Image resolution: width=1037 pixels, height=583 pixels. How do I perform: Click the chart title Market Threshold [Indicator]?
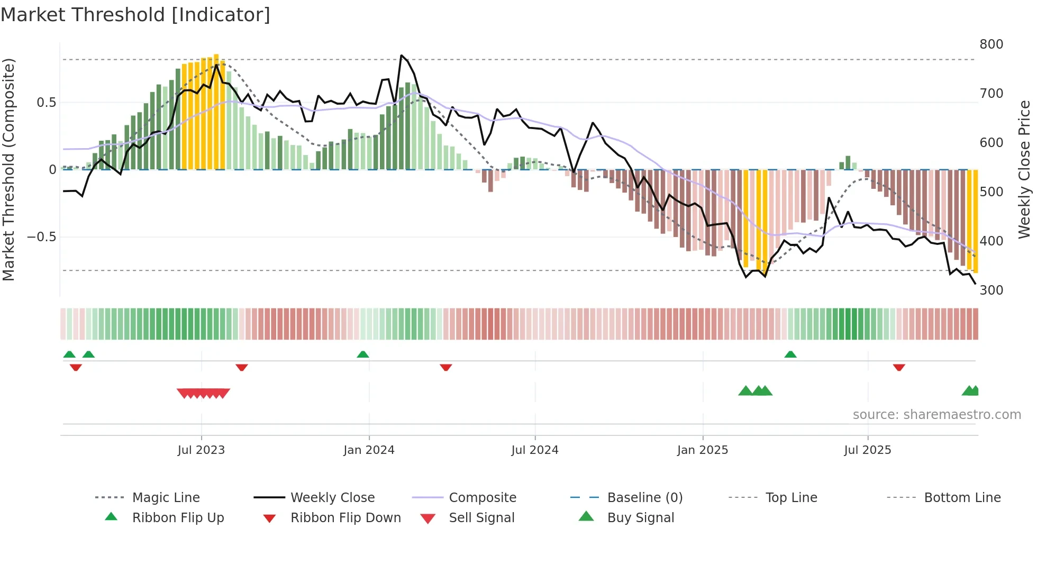coord(135,15)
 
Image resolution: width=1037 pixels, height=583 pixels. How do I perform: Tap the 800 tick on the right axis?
coord(991,44)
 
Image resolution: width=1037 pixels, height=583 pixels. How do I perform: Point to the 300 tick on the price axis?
coord(991,290)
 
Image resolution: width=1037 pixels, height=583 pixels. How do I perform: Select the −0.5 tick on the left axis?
coord(42,237)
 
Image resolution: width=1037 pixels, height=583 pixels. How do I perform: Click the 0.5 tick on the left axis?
coord(46,103)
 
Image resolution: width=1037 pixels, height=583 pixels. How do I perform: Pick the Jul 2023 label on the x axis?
coord(201,450)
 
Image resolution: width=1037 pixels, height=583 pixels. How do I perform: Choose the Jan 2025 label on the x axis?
coord(702,450)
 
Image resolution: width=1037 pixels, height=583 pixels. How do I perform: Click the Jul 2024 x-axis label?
coord(534,450)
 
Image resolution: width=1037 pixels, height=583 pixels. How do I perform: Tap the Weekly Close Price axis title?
coord(1024,169)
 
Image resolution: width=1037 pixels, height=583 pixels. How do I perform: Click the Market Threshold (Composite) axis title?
coord(8,169)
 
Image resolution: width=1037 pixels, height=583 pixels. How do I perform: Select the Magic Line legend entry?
coord(166,498)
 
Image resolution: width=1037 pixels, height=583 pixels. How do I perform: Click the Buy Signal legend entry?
coord(640,518)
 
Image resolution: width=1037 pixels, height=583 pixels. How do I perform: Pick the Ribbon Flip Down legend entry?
coord(345,518)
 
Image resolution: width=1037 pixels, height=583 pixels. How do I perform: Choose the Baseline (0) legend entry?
coord(644,498)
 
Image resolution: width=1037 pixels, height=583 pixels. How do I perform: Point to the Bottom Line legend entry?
coord(962,498)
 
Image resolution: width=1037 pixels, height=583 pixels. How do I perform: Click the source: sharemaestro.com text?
coord(936,415)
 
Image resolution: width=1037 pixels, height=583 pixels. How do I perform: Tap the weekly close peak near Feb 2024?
coord(402,55)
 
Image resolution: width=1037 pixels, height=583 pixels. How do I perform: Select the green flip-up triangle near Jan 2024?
coord(363,354)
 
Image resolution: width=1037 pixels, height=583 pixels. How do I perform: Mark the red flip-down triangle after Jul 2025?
coord(899,367)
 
